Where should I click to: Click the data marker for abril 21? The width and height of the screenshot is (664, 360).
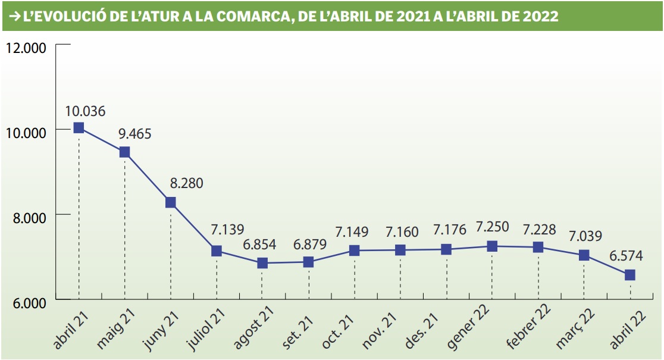pyautogui.click(x=79, y=127)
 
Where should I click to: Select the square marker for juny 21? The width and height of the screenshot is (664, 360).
pyautogui.click(x=171, y=202)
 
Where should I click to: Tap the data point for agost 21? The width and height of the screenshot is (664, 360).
pyautogui.click(x=262, y=263)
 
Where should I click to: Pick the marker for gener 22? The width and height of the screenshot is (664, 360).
pyautogui.click(x=492, y=246)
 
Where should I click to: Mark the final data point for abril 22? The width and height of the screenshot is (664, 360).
pyautogui.click(x=629, y=275)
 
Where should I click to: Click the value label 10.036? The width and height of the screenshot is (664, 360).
pyautogui.click(x=86, y=111)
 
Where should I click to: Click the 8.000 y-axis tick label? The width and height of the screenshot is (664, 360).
pyautogui.click(x=29, y=218)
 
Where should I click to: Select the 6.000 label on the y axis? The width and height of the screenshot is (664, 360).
pyautogui.click(x=29, y=303)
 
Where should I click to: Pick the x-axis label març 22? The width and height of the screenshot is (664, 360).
pyautogui.click(x=575, y=329)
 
